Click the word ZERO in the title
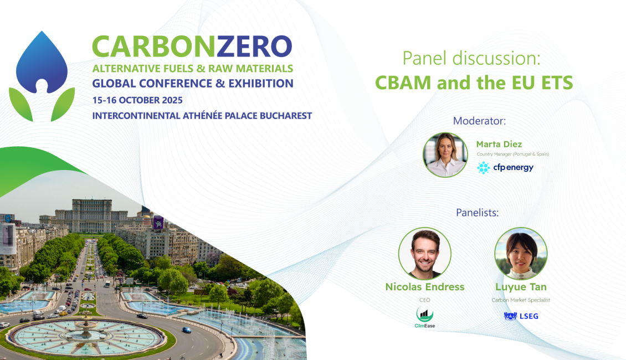254,47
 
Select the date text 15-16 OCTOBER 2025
137,100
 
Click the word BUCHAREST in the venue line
286,116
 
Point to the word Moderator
479,121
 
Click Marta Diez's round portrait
445,155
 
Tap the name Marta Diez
499,144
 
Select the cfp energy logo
505,168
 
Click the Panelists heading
477,213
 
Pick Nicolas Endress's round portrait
425,254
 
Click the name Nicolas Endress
425,287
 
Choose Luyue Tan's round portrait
521,254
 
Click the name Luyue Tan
521,287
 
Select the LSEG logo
521,316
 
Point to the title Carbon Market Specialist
521,300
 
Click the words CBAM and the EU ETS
474,83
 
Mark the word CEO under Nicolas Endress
425,300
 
